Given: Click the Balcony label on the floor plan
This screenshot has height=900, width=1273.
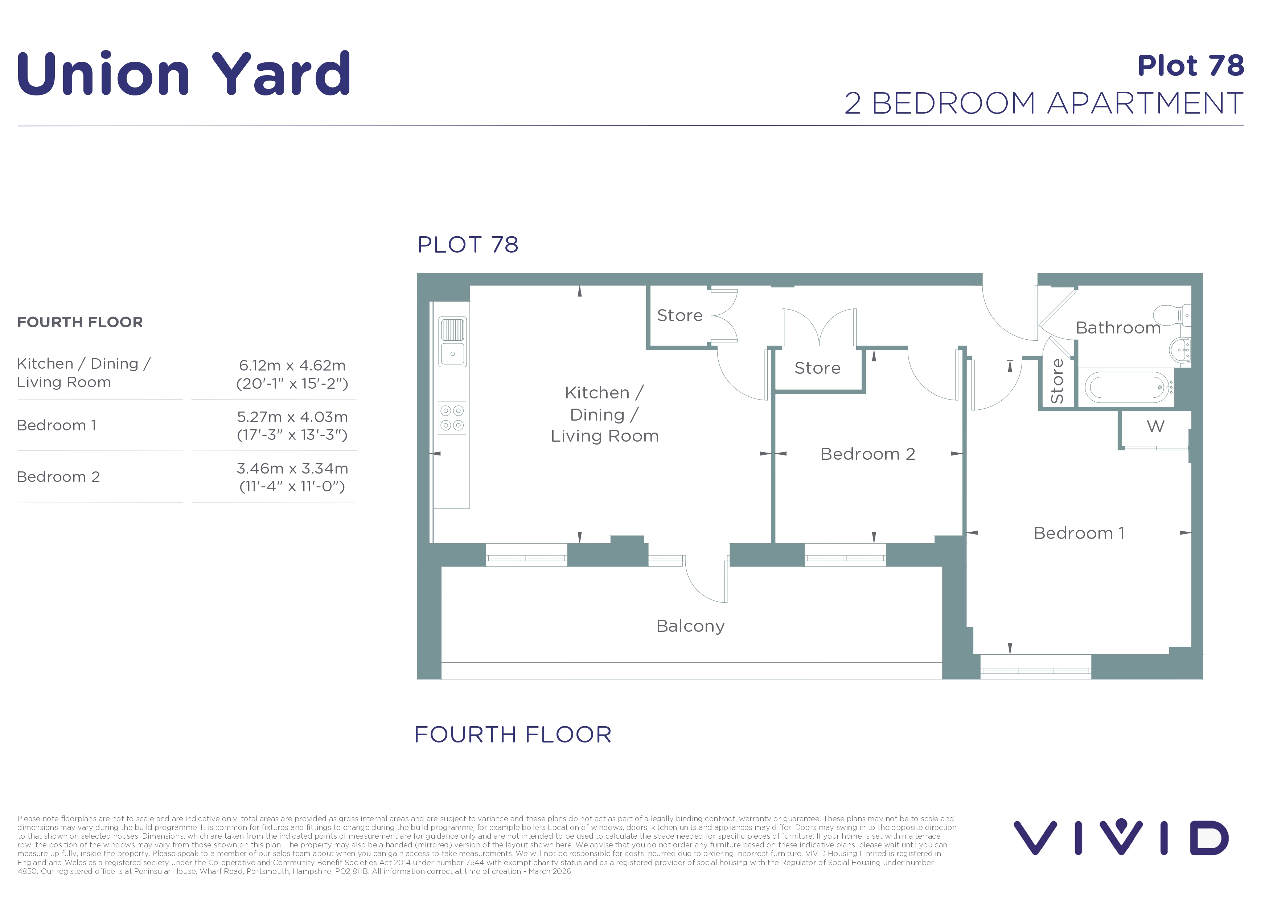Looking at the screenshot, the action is coord(690,626).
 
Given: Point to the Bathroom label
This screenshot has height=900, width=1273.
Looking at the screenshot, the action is coord(1118,328).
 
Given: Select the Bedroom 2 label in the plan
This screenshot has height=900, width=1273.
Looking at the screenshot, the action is coord(867,454).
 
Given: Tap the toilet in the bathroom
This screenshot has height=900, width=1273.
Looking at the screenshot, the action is coord(1172,315).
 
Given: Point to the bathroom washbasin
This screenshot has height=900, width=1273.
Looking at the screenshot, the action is coord(1180,350).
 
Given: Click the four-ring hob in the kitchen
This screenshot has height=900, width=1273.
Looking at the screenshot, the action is coord(452,418).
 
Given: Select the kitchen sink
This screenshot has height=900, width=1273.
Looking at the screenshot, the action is coord(452,341).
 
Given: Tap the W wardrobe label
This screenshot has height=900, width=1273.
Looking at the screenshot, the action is coord(1155,426).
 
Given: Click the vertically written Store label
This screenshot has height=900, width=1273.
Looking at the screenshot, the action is coord(1057,381).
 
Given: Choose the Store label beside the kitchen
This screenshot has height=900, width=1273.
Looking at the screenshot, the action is coord(680,315).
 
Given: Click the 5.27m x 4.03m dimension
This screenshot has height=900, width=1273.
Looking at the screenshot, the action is coord(292,417).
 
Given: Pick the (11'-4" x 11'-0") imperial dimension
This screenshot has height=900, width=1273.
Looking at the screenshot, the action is coord(292,486).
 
